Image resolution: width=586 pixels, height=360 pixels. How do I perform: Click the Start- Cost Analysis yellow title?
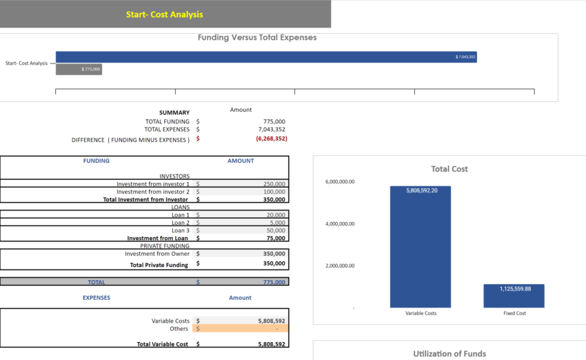[164, 14]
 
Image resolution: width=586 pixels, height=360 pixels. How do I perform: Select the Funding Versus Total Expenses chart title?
[257, 37]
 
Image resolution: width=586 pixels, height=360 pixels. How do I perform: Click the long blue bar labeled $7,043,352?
[265, 57]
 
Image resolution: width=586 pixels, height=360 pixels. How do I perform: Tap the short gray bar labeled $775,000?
[79, 69]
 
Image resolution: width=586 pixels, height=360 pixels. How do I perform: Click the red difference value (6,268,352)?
[271, 139]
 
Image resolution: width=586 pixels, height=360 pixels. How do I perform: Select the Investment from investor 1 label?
[152, 184]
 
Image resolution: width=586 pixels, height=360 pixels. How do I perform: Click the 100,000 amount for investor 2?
[274, 192]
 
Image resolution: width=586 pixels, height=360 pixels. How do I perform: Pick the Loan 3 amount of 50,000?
[276, 230]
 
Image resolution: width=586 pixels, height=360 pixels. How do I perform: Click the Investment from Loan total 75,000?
[276, 238]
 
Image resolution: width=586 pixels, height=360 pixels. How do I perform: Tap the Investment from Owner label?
[156, 254]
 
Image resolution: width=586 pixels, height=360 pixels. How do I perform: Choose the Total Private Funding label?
[159, 265]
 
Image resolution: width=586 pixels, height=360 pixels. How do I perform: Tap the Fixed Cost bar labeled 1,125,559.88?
[514, 296]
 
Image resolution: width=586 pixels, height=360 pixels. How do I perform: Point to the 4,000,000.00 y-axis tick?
[339, 224]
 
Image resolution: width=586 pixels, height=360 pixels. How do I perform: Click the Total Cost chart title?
[449, 169]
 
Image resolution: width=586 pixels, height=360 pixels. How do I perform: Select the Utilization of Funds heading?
[449, 354]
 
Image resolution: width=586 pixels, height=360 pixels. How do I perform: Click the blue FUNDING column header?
[96, 161]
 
